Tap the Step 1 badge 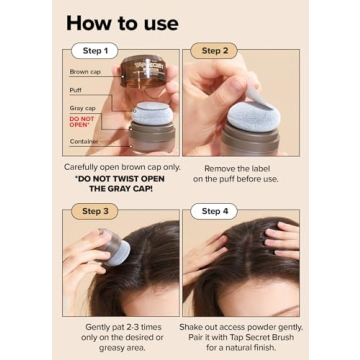pyautogui.click(x=94, y=50)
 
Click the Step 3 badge pyautogui.click(x=94, y=211)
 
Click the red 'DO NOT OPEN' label pyautogui.click(x=81, y=122)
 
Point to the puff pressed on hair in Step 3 pyautogui.click(x=112, y=250)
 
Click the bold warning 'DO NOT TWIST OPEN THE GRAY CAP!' pyautogui.click(x=121, y=186)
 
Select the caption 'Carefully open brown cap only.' pyautogui.click(x=121, y=167)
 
